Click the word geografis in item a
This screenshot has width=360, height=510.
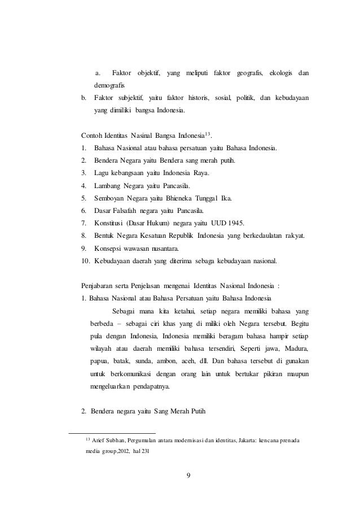(250, 74)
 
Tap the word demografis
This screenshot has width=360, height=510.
(110, 86)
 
